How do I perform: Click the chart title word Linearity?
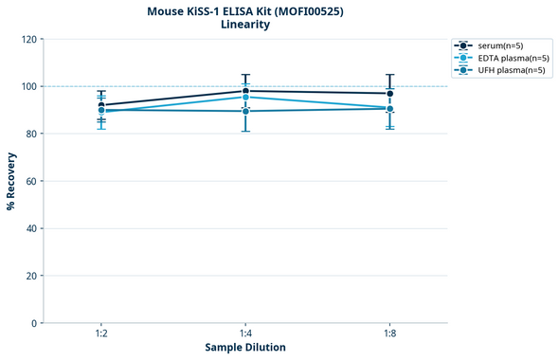(244, 26)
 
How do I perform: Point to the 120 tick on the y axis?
(28, 39)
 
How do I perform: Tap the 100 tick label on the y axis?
(28, 86)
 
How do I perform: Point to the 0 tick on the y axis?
(34, 323)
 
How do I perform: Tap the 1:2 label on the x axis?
(101, 334)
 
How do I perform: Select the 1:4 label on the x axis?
(245, 334)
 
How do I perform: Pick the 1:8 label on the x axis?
(390, 334)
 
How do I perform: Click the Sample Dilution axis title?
(245, 348)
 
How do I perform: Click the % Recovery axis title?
(11, 180)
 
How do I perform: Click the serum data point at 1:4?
(245, 91)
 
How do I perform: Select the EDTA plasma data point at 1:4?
(245, 98)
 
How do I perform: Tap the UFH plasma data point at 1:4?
(245, 111)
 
